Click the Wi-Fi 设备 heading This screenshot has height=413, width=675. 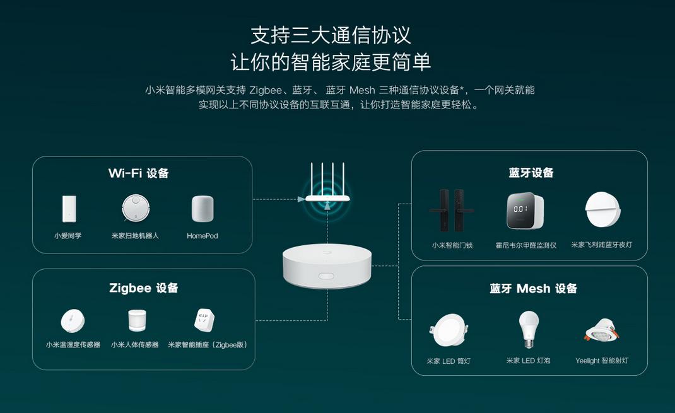(x=138, y=173)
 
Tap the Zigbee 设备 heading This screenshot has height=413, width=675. (x=143, y=288)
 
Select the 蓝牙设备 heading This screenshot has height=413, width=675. (x=531, y=173)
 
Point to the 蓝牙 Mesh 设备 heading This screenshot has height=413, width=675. (x=533, y=289)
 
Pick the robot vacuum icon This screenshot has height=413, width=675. (x=135, y=208)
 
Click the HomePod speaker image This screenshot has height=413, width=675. (x=202, y=209)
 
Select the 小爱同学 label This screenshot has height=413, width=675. (x=67, y=236)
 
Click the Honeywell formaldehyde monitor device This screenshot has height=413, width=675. (x=525, y=211)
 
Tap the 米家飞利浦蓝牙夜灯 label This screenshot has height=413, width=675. (x=601, y=245)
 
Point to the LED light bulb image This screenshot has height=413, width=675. (x=529, y=329)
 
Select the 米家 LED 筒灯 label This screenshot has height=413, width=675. (x=449, y=361)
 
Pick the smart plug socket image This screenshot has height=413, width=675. (x=205, y=320)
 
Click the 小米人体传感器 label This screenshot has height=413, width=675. (x=135, y=345)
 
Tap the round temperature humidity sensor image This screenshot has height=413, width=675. (x=73, y=321)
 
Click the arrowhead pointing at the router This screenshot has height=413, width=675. (x=301, y=199)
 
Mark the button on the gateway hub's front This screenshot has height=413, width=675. (x=326, y=276)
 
